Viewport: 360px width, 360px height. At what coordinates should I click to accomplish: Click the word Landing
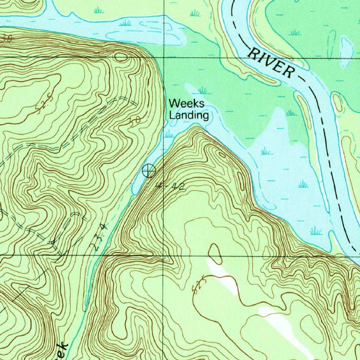coord(189,115)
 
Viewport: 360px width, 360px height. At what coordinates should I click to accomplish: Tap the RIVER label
coord(271,63)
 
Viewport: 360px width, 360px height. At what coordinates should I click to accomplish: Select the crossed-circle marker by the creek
coord(149,171)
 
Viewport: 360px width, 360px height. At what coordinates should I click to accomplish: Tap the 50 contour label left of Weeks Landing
coord(135,121)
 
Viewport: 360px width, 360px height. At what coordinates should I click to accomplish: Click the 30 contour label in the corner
coord(6,38)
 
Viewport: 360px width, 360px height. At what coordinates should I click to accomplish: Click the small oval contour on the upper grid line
coord(121,57)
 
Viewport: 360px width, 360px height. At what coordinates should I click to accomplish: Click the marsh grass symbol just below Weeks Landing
coord(169,134)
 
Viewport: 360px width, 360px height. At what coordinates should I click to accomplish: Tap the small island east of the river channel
coord(337,102)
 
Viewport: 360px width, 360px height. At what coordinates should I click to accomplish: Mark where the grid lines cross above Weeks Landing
coord(164,58)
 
